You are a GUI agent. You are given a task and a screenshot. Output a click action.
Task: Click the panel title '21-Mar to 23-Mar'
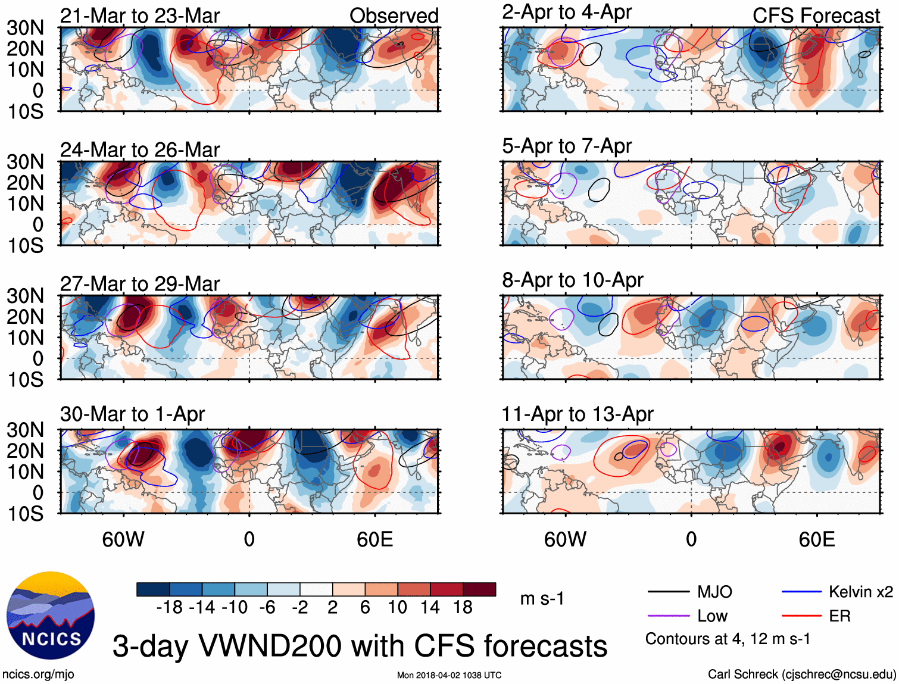point(140,15)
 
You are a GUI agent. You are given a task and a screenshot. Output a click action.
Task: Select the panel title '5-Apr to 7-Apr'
point(567,146)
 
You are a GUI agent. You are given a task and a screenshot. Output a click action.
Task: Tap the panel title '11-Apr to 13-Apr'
point(578,414)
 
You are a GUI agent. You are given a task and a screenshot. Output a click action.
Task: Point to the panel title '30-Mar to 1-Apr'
point(132,414)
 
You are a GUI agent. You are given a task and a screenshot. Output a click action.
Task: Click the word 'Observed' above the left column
point(394,15)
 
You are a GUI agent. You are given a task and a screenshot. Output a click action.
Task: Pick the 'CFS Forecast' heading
point(816,15)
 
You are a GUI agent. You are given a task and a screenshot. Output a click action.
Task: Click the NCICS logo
point(51,616)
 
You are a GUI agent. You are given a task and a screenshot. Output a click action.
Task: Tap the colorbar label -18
point(169,607)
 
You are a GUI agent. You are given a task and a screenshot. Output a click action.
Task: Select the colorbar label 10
point(397,607)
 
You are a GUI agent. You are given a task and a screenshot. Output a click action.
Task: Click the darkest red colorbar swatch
point(479,589)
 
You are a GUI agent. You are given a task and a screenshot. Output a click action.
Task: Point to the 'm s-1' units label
point(542,598)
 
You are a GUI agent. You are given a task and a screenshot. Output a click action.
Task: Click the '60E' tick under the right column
point(817,539)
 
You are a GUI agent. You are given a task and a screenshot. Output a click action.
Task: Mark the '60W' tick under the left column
point(123,539)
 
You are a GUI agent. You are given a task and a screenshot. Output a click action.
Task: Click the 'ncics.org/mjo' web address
point(38,674)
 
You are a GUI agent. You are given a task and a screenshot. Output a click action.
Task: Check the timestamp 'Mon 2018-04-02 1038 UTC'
point(449,675)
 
